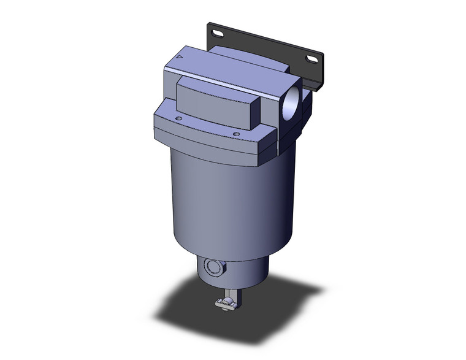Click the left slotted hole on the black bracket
[216, 31]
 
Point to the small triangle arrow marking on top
[178, 56]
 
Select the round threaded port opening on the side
[293, 99]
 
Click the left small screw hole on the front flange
[178, 118]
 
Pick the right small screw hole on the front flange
[235, 131]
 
